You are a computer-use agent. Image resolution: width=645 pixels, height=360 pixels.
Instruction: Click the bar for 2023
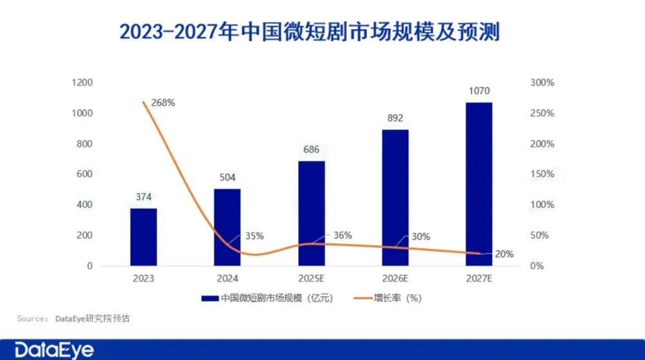pyautogui.click(x=143, y=237)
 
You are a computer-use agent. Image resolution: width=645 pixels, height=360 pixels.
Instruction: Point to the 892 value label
pyautogui.click(x=395, y=118)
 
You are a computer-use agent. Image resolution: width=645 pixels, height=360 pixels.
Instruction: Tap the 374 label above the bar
pyautogui.click(x=143, y=197)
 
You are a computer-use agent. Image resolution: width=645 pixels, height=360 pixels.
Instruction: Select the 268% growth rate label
pyautogui.click(x=163, y=103)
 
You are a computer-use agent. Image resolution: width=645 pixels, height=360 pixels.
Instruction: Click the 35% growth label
pyautogui.click(x=254, y=236)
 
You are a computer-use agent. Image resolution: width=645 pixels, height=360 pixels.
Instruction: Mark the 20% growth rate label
pyautogui.click(x=504, y=254)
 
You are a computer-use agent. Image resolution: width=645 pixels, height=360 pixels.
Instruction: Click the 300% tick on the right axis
pyautogui.click(x=542, y=83)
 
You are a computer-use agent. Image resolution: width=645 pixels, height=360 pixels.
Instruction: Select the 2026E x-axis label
pyautogui.click(x=395, y=279)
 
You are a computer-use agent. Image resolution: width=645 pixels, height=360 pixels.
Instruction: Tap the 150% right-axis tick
pyautogui.click(x=542, y=174)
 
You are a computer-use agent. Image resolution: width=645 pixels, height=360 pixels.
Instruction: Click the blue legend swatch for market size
pyautogui.click(x=210, y=299)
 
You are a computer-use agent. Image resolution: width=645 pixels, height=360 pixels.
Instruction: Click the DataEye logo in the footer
pyautogui.click(x=54, y=350)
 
